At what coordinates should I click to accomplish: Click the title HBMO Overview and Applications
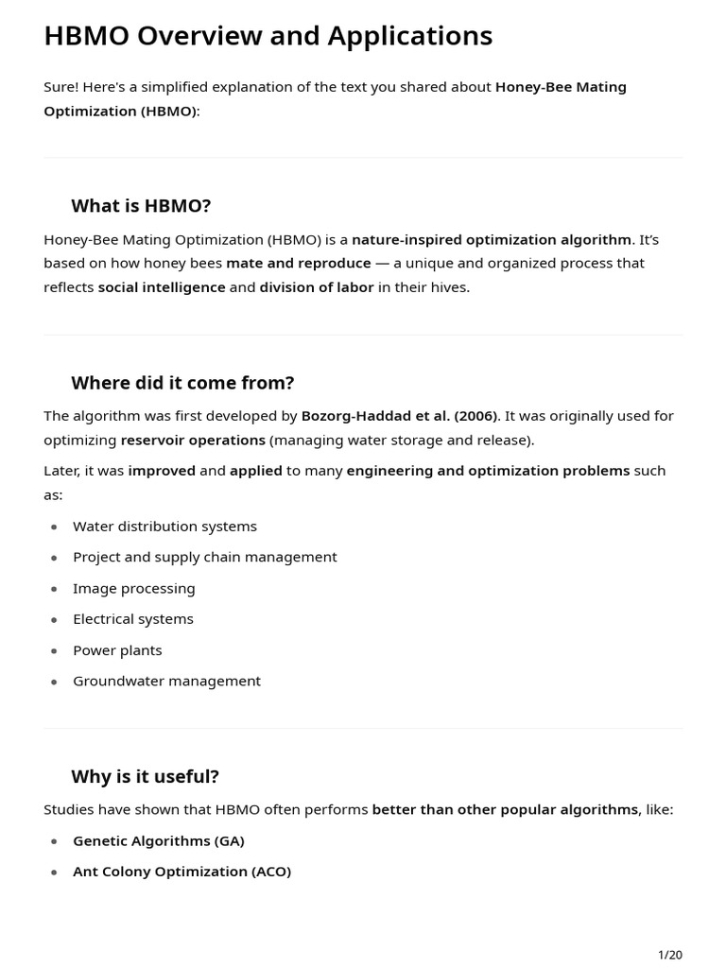pos(268,36)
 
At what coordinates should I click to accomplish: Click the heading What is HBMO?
pos(141,206)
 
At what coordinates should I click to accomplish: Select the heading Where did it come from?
pos(182,383)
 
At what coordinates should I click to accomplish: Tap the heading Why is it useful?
pos(145,776)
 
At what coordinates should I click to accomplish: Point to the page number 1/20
pos(669,955)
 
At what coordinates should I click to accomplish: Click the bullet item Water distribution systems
pos(164,527)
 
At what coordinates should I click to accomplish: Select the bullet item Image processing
pos(133,588)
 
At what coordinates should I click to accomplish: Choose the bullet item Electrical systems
pos(132,619)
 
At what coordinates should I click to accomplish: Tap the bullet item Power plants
pos(117,650)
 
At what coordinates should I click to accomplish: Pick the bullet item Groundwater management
pos(166,681)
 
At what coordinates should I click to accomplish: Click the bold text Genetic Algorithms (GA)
pos(158,840)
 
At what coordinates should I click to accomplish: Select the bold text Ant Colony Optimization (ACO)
pos(181,872)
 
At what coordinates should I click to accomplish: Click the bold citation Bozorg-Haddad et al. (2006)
pos(399,416)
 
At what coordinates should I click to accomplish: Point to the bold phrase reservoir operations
pos(193,440)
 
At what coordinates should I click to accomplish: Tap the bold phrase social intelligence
pos(162,287)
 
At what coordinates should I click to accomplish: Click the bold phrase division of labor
pos(317,287)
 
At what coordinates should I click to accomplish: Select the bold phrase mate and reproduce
pos(299,263)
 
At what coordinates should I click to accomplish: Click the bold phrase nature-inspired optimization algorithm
pos(492,239)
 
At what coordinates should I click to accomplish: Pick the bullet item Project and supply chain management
pos(204,557)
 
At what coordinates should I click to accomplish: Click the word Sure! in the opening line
pos(60,87)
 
